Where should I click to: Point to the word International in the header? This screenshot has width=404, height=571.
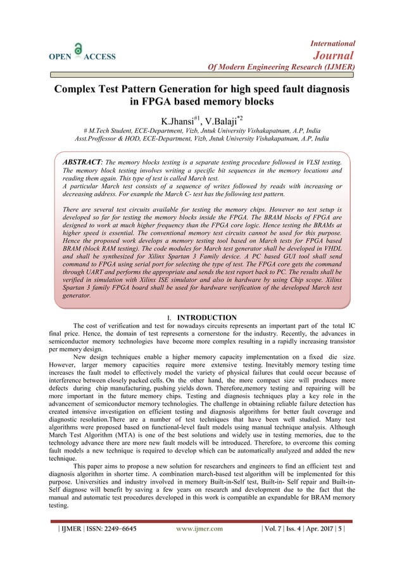(x=332, y=43)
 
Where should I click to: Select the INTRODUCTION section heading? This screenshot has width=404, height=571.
(x=206, y=317)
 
